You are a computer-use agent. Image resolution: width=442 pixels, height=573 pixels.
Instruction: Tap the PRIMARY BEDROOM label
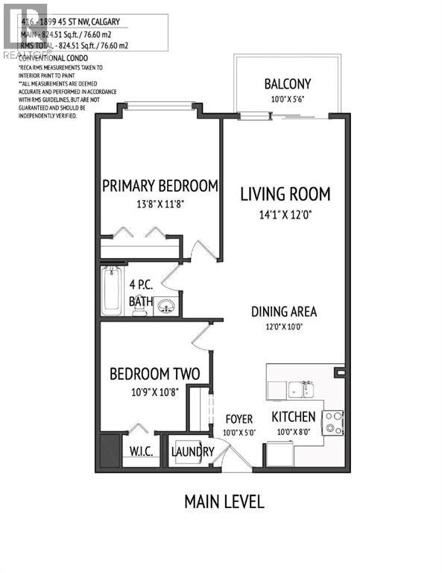tap(160, 186)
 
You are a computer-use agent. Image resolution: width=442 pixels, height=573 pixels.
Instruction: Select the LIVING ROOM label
tap(285, 195)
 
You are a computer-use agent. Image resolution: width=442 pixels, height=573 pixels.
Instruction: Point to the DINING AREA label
tap(284, 311)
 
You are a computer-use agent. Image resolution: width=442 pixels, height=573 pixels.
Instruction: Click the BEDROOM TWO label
tap(154, 374)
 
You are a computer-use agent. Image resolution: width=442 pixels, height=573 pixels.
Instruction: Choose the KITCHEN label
tap(293, 416)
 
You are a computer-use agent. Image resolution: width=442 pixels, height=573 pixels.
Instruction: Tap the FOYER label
tap(239, 419)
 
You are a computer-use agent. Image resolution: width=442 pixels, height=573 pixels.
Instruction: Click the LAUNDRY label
tap(193, 451)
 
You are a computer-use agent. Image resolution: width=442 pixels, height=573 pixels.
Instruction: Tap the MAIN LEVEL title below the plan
tap(224, 501)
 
